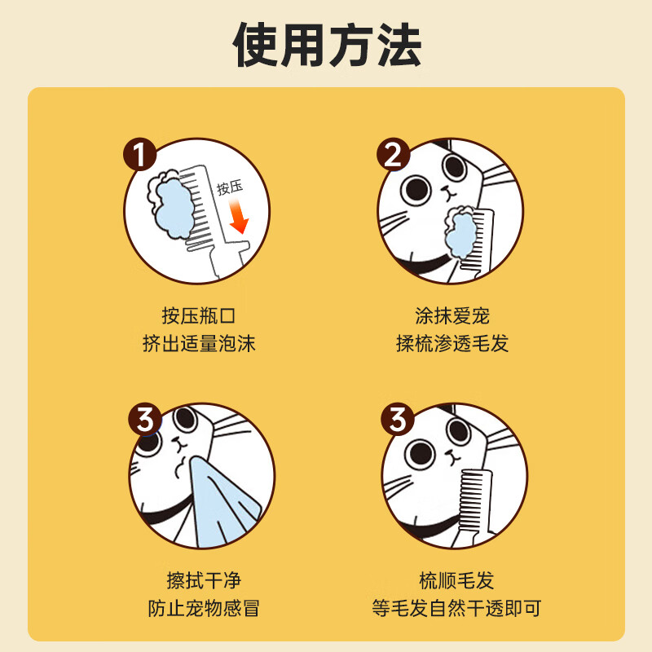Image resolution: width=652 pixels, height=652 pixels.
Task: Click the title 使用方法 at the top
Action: point(327,46)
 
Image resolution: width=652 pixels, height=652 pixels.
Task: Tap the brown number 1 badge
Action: point(140,155)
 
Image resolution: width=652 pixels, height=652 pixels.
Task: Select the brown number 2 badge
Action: point(393,155)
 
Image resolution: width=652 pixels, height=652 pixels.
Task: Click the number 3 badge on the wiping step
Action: point(145,421)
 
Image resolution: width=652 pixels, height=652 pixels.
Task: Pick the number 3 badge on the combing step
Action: point(398,421)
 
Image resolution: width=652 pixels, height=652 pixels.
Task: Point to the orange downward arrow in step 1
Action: point(237,217)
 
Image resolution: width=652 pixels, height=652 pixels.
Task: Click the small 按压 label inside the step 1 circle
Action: point(230,188)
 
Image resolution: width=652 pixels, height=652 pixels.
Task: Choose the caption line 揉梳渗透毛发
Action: point(452,343)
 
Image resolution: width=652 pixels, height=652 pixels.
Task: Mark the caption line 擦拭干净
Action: point(200,580)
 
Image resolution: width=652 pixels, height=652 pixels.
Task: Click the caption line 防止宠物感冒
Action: point(200,608)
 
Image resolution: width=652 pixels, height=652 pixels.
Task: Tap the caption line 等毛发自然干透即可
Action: point(456,608)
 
